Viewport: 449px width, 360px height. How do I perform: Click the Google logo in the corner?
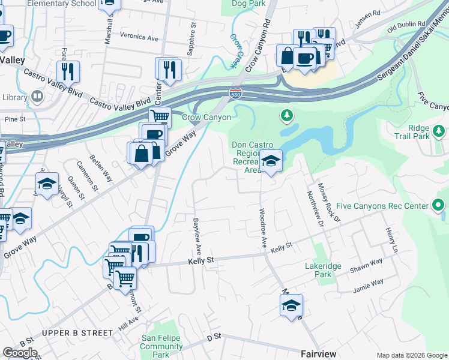pos(20,353)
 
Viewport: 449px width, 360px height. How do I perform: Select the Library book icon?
pos(37,96)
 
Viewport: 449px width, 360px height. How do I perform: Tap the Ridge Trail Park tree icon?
pos(439,130)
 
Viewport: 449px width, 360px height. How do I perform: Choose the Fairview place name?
pos(318,353)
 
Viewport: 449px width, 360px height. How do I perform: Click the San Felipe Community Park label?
pos(161,346)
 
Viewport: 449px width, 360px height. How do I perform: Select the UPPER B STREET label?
pos(77,332)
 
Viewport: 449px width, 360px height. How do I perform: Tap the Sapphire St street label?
pos(191,40)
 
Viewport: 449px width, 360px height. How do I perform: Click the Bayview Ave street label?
pos(196,235)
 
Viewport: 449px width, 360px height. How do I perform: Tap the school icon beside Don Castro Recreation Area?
pos(271,161)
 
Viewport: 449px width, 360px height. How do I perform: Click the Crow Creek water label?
pos(236,50)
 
